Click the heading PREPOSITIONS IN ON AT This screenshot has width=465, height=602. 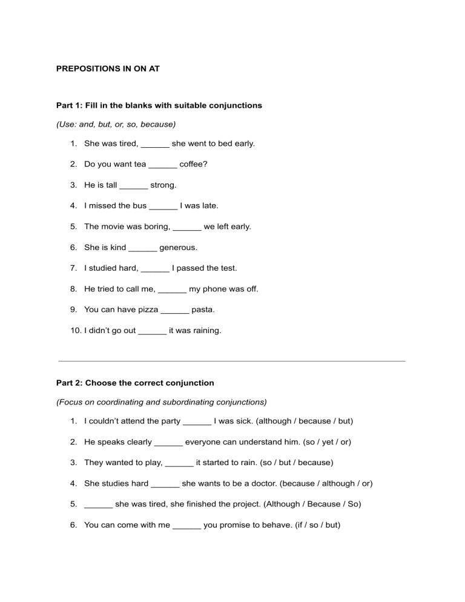[x=108, y=69]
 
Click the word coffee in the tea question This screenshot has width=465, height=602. [x=193, y=164]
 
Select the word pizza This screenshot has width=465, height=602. [x=147, y=309]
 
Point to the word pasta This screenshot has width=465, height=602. [x=203, y=309]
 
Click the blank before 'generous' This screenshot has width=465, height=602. [x=143, y=247]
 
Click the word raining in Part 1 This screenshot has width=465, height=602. [x=206, y=331]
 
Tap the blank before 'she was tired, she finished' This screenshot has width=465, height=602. [x=98, y=504]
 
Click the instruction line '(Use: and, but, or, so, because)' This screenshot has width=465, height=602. [x=116, y=124]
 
